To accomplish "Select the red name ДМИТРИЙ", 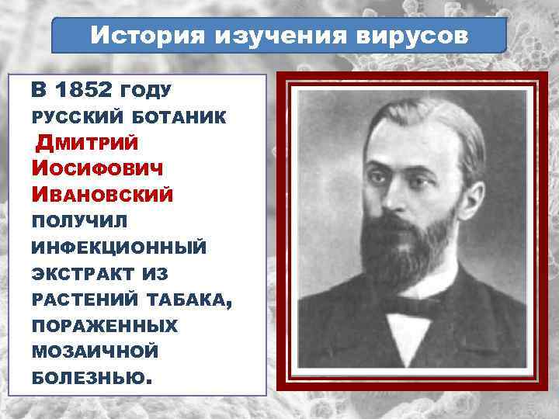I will pyautogui.click(x=88, y=144).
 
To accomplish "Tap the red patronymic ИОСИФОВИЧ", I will pyautogui.click(x=97, y=169).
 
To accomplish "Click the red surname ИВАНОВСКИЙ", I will pyautogui.click(x=102, y=195).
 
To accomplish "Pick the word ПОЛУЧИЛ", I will pyautogui.click(x=79, y=222).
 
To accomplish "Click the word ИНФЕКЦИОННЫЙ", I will pyautogui.click(x=119, y=248).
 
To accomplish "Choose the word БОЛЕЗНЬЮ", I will pyautogui.click(x=88, y=379).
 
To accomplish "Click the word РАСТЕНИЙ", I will pyautogui.click(x=82, y=300).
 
